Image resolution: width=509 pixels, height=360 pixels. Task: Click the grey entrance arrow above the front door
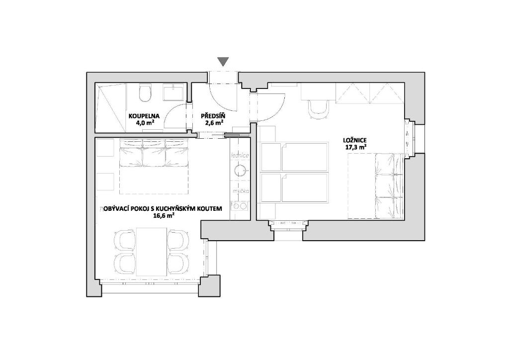coord(223,62)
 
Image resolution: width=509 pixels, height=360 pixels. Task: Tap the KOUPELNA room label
coord(144,116)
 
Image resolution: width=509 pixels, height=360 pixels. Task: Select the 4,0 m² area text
coord(145,122)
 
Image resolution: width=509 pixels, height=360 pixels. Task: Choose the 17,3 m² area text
coord(356,147)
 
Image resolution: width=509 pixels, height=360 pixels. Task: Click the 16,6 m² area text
coord(164,216)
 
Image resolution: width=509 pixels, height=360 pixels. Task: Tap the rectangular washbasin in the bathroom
coord(174,92)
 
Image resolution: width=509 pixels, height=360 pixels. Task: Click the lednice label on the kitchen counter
coord(240,156)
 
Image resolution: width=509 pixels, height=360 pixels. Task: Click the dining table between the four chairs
coord(152,251)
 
